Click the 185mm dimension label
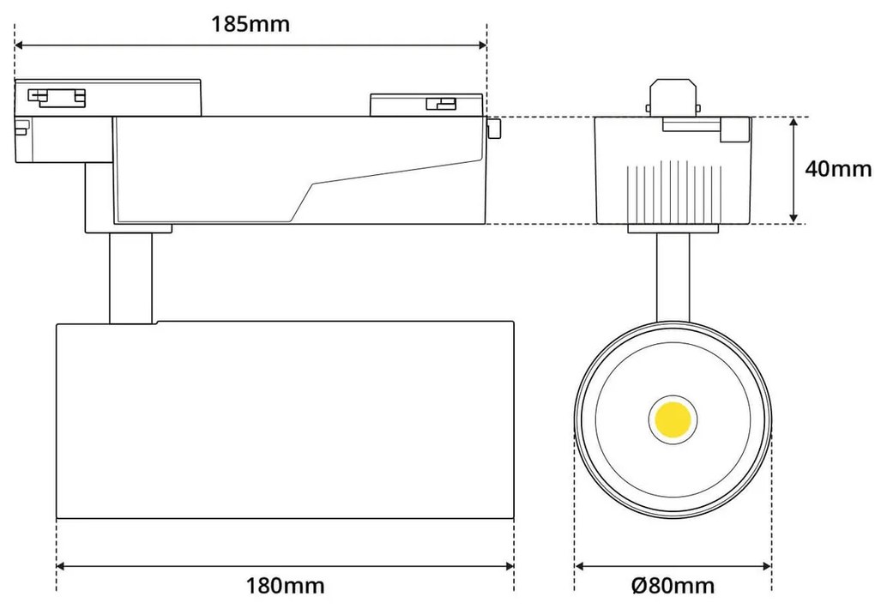pyautogui.click(x=250, y=24)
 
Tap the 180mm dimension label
pyautogui.click(x=286, y=586)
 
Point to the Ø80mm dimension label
pyautogui.click(x=673, y=586)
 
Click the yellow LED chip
pyautogui.click(x=672, y=419)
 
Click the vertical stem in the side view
pyautogui.click(x=130, y=277)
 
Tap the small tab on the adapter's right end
pyautogui.click(x=493, y=129)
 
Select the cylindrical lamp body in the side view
pyautogui.click(x=286, y=420)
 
